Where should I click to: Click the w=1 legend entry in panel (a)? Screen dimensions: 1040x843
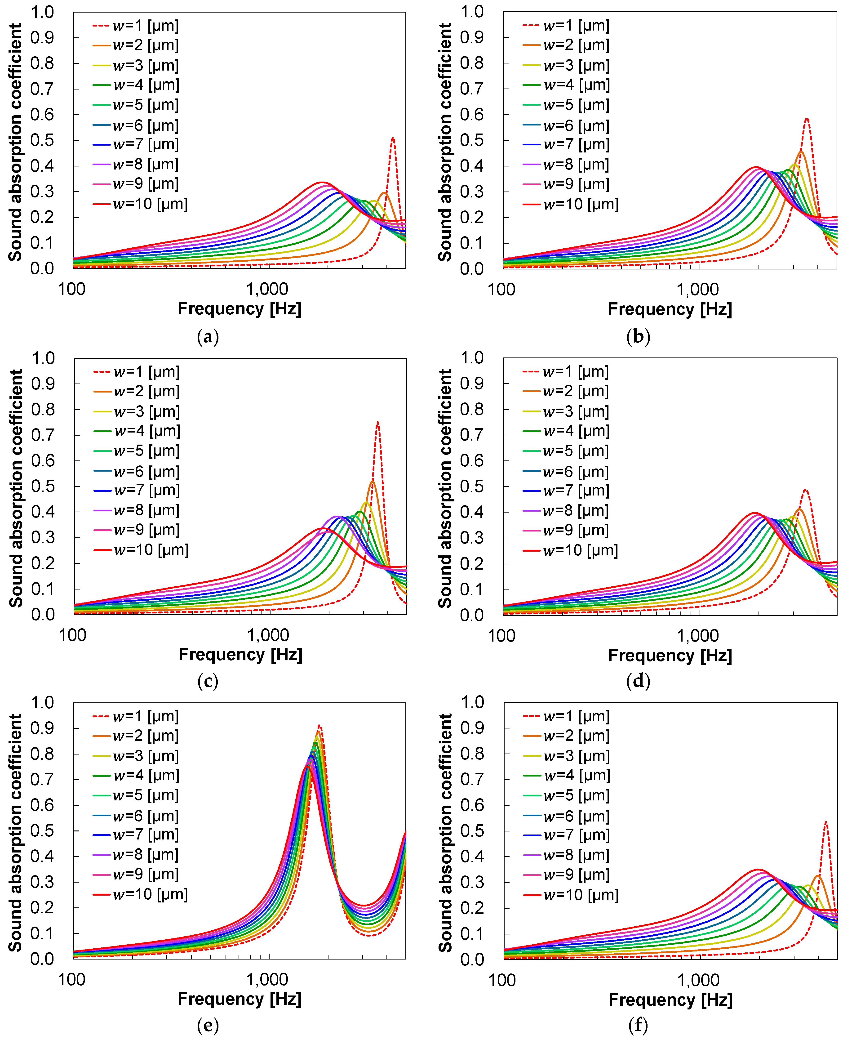136,26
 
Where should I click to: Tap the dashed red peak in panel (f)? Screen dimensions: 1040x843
825,822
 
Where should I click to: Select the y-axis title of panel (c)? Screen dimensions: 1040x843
16,488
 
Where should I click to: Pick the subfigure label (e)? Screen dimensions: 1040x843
208,1025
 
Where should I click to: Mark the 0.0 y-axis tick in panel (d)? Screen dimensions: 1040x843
472,615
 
